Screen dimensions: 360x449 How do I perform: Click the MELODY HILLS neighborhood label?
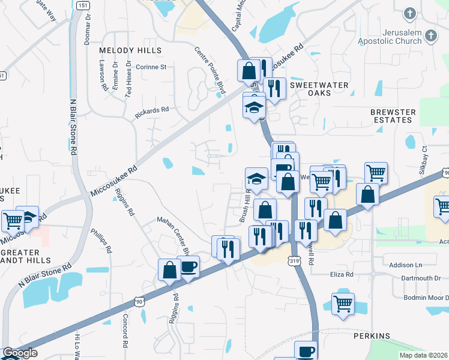[x=130, y=50]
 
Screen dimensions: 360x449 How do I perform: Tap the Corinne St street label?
[x=151, y=67]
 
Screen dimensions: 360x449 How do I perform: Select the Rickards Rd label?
[x=152, y=112]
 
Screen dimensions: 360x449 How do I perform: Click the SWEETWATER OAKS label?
[x=319, y=89]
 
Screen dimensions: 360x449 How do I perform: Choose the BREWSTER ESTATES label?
[x=393, y=116]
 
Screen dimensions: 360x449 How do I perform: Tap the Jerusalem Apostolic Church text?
[x=391, y=37]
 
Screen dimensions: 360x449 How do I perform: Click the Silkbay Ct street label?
[x=425, y=157]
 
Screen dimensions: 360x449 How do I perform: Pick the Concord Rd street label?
[x=125, y=330]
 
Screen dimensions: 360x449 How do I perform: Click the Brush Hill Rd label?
[x=245, y=207]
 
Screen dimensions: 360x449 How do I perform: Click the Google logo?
[x=20, y=353]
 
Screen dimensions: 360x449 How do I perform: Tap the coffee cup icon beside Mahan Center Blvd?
[x=188, y=266]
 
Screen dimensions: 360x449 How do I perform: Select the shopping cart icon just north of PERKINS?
[x=343, y=304]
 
